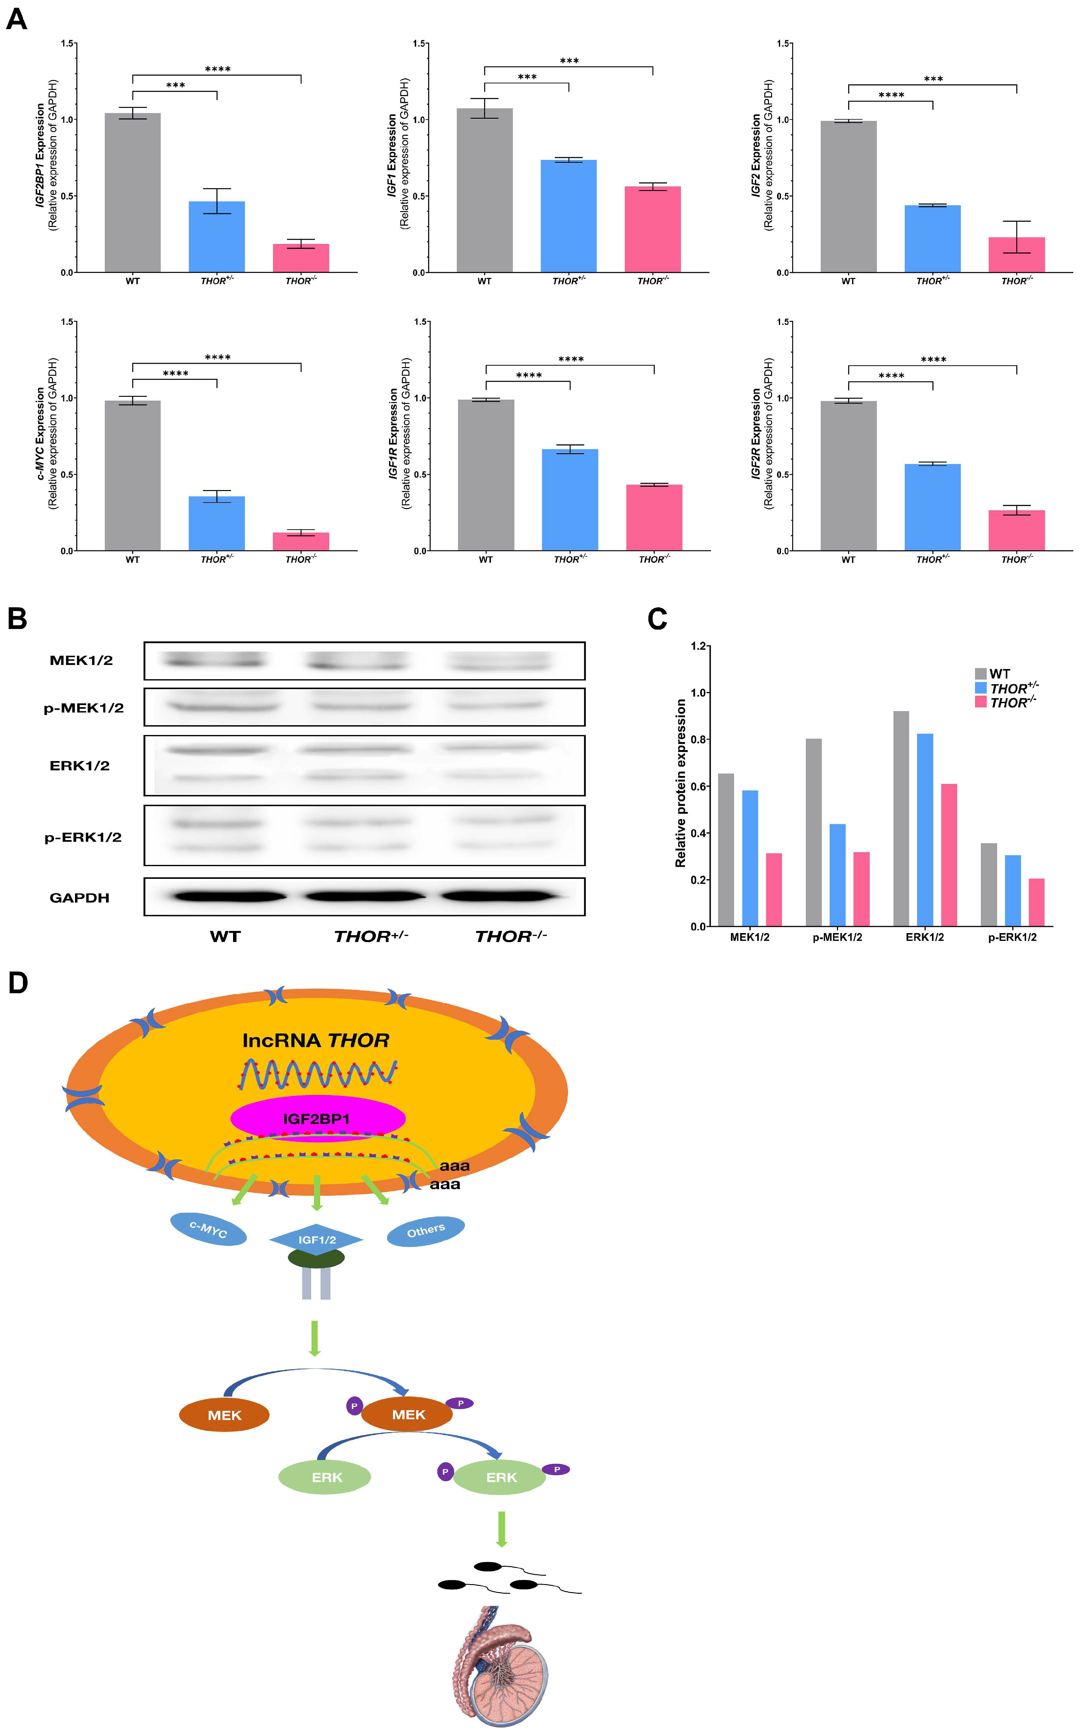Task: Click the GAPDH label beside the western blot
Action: [x=79, y=897]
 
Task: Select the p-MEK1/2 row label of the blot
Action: [x=84, y=708]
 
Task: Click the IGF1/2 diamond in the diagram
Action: [x=316, y=1239]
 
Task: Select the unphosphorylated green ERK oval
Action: [x=325, y=1477]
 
